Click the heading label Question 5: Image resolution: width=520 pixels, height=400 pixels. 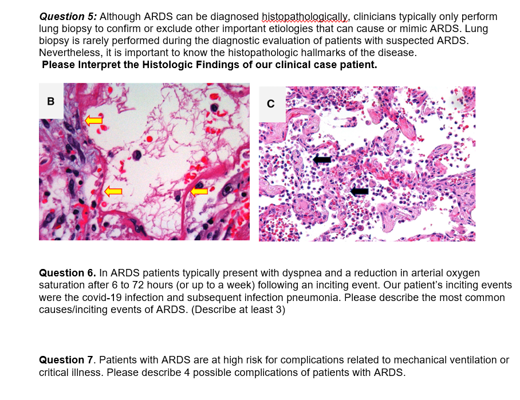(70, 17)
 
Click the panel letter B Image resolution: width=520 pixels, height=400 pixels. (51, 101)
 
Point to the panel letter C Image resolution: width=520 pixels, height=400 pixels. (271, 104)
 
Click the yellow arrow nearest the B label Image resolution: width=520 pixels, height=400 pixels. (93, 120)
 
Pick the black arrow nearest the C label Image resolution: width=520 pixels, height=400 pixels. (322, 159)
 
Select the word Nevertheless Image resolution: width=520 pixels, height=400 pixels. (70, 53)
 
